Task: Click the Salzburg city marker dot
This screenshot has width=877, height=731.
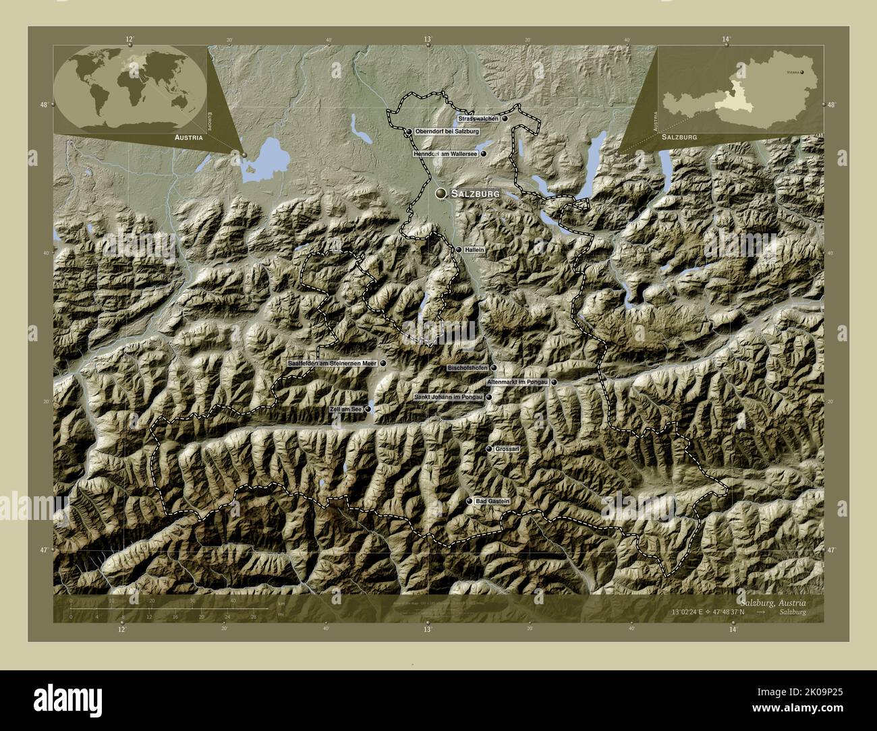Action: pyautogui.click(x=441, y=194)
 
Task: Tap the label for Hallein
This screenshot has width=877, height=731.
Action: pyautogui.click(x=475, y=250)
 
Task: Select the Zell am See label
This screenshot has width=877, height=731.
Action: pyautogui.click(x=347, y=409)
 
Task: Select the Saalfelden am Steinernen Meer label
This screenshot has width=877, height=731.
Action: pyautogui.click(x=331, y=363)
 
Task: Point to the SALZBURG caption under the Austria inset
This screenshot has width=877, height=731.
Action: pyautogui.click(x=679, y=137)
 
